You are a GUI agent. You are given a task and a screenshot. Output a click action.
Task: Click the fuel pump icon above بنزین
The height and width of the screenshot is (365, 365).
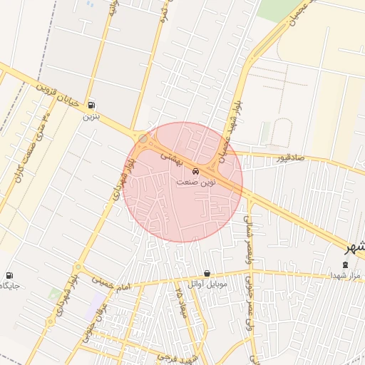click(91, 104)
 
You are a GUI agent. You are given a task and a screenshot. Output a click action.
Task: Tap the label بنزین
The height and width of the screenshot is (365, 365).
click(91, 114)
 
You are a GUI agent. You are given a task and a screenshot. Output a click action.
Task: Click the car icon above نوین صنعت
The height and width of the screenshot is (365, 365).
click(196, 171)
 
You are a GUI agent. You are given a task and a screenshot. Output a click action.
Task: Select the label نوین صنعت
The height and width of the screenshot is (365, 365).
click(196, 182)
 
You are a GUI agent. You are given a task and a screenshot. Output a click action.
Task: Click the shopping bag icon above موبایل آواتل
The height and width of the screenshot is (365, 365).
click(207, 273)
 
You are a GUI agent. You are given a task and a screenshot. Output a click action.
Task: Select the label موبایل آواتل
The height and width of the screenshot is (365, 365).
click(207, 284)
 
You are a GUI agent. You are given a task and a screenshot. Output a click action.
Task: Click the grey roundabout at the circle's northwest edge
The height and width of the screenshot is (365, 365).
click(143, 138)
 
